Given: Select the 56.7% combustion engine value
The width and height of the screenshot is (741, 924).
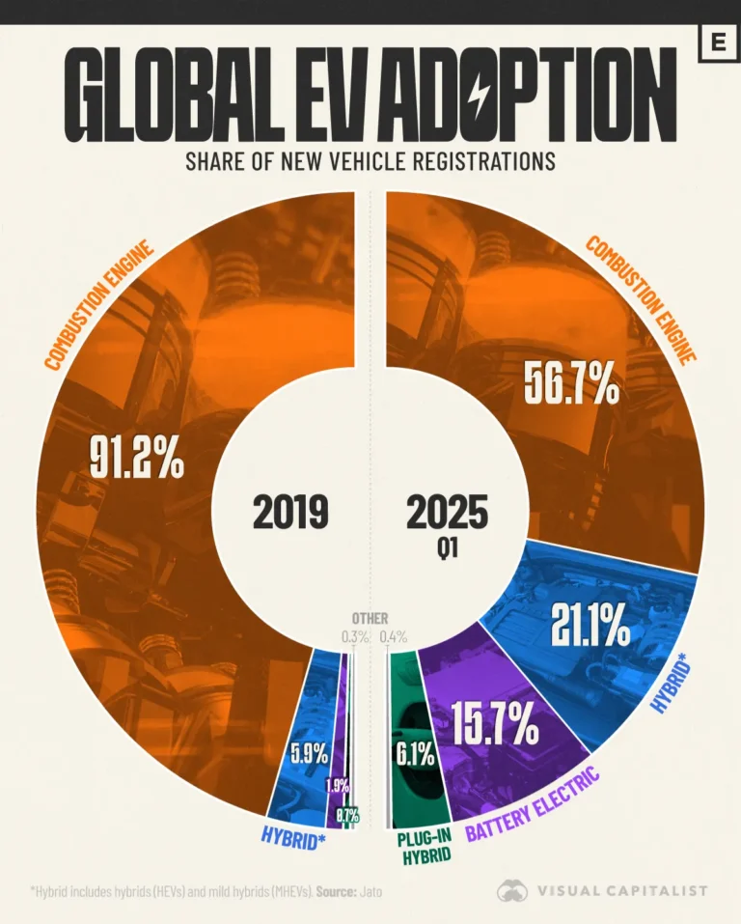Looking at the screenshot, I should click(570, 384).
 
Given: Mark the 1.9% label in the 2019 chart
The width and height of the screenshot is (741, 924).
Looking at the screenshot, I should click(337, 786).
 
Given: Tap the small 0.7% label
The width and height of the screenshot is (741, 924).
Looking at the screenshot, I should click(347, 816).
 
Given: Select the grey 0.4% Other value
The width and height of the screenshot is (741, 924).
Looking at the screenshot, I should click(393, 636).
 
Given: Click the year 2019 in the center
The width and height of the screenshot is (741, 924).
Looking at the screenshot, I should click(290, 512).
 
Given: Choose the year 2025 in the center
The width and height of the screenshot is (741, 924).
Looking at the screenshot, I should click(446, 512).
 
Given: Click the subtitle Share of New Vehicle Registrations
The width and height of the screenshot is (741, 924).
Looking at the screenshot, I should click(370, 160).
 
